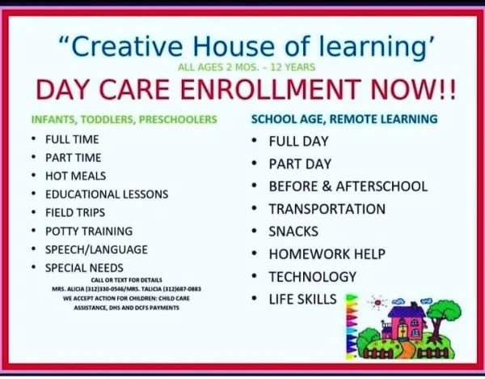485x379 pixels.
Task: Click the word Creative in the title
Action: tap(127, 46)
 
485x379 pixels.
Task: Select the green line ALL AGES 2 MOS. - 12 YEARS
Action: tap(247, 67)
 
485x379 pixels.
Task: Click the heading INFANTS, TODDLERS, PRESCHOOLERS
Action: tap(124, 120)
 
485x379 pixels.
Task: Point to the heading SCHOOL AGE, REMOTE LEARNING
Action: tap(344, 119)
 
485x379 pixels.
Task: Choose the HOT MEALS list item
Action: tap(75, 176)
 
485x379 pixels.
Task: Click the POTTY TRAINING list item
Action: tap(89, 231)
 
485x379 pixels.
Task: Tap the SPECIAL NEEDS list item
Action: tap(84, 268)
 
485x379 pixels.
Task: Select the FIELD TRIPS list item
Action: tap(75, 213)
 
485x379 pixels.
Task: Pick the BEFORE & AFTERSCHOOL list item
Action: tap(348, 186)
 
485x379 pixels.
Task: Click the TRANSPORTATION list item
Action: tap(327, 209)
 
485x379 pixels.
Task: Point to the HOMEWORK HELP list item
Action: tap(327, 254)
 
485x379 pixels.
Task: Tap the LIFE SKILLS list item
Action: tap(302, 299)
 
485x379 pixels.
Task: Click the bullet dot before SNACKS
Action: tap(255, 231)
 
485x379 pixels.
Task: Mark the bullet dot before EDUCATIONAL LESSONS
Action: tap(33, 194)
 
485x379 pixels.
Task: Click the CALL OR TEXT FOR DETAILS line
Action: tap(127, 280)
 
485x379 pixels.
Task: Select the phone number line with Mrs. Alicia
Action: tap(127, 289)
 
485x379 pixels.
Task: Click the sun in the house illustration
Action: tap(377, 302)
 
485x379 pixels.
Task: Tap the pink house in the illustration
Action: tap(405, 324)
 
